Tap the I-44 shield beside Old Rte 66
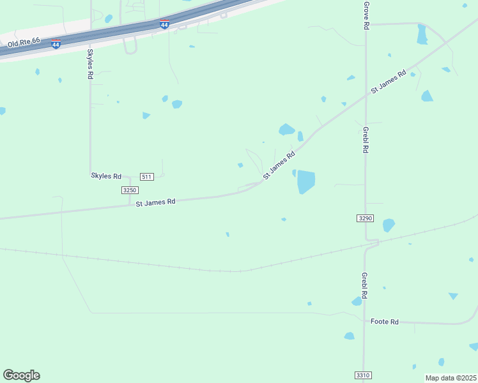[56, 44]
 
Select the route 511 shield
[147, 177]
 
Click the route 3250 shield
[130, 190]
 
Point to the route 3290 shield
[364, 218]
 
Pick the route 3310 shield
[362, 375]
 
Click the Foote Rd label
[385, 322]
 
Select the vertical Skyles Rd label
[90, 64]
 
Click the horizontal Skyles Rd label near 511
[106, 176]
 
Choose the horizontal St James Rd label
[155, 202]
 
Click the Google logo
[21, 375]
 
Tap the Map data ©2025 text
[451, 378]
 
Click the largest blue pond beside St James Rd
[306, 181]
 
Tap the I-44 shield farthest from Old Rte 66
[165, 25]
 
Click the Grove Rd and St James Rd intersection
[366, 96]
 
